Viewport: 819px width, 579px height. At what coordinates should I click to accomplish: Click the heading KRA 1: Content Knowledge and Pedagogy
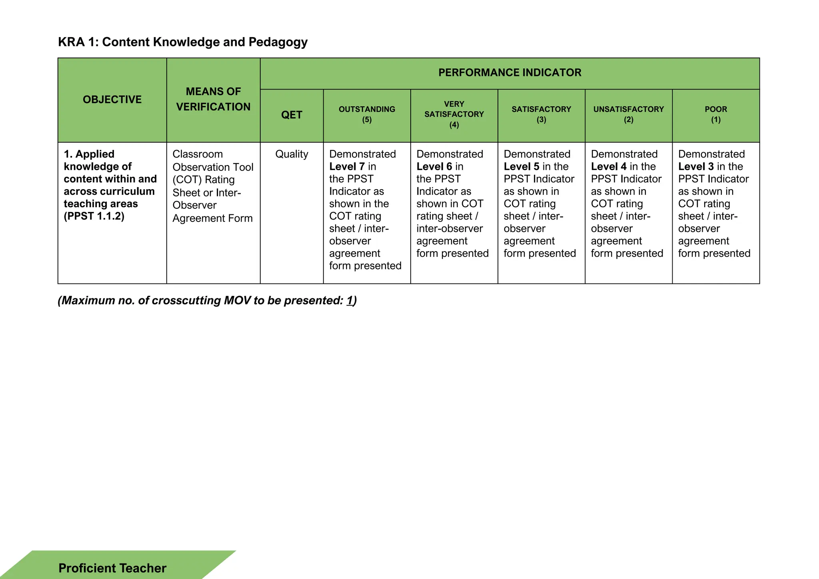pos(183,42)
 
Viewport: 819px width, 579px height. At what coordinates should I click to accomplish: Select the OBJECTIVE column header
pos(112,100)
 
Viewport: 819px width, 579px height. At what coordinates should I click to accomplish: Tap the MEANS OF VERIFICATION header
pos(213,99)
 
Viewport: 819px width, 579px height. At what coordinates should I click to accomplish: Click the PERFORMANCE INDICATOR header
pos(509,73)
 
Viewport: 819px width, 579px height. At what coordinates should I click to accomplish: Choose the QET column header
pos(292,115)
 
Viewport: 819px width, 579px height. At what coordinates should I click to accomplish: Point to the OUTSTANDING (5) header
pos(367,114)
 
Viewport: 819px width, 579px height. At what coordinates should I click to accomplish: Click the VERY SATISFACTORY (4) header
pos(454,114)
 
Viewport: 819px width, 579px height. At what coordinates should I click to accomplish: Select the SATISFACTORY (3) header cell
pos(541,114)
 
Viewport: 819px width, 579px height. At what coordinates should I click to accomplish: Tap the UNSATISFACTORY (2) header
pos(628,114)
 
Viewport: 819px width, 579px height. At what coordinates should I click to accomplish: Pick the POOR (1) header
pos(715,114)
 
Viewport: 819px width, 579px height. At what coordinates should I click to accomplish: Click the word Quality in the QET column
pos(292,154)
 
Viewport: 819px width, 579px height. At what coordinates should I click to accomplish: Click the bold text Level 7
pos(347,167)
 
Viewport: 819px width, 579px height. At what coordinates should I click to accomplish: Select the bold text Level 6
pos(434,167)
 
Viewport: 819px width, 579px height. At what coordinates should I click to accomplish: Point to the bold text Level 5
pos(521,167)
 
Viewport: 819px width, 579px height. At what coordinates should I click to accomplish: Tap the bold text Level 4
pos(608,167)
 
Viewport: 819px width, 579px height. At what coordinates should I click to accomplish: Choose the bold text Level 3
pos(695,167)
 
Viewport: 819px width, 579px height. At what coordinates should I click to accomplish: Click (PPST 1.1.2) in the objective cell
pos(94,216)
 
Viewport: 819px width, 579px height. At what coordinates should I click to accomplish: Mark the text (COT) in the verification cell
pos(187,180)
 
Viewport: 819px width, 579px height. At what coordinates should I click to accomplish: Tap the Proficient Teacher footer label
pos(112,568)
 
